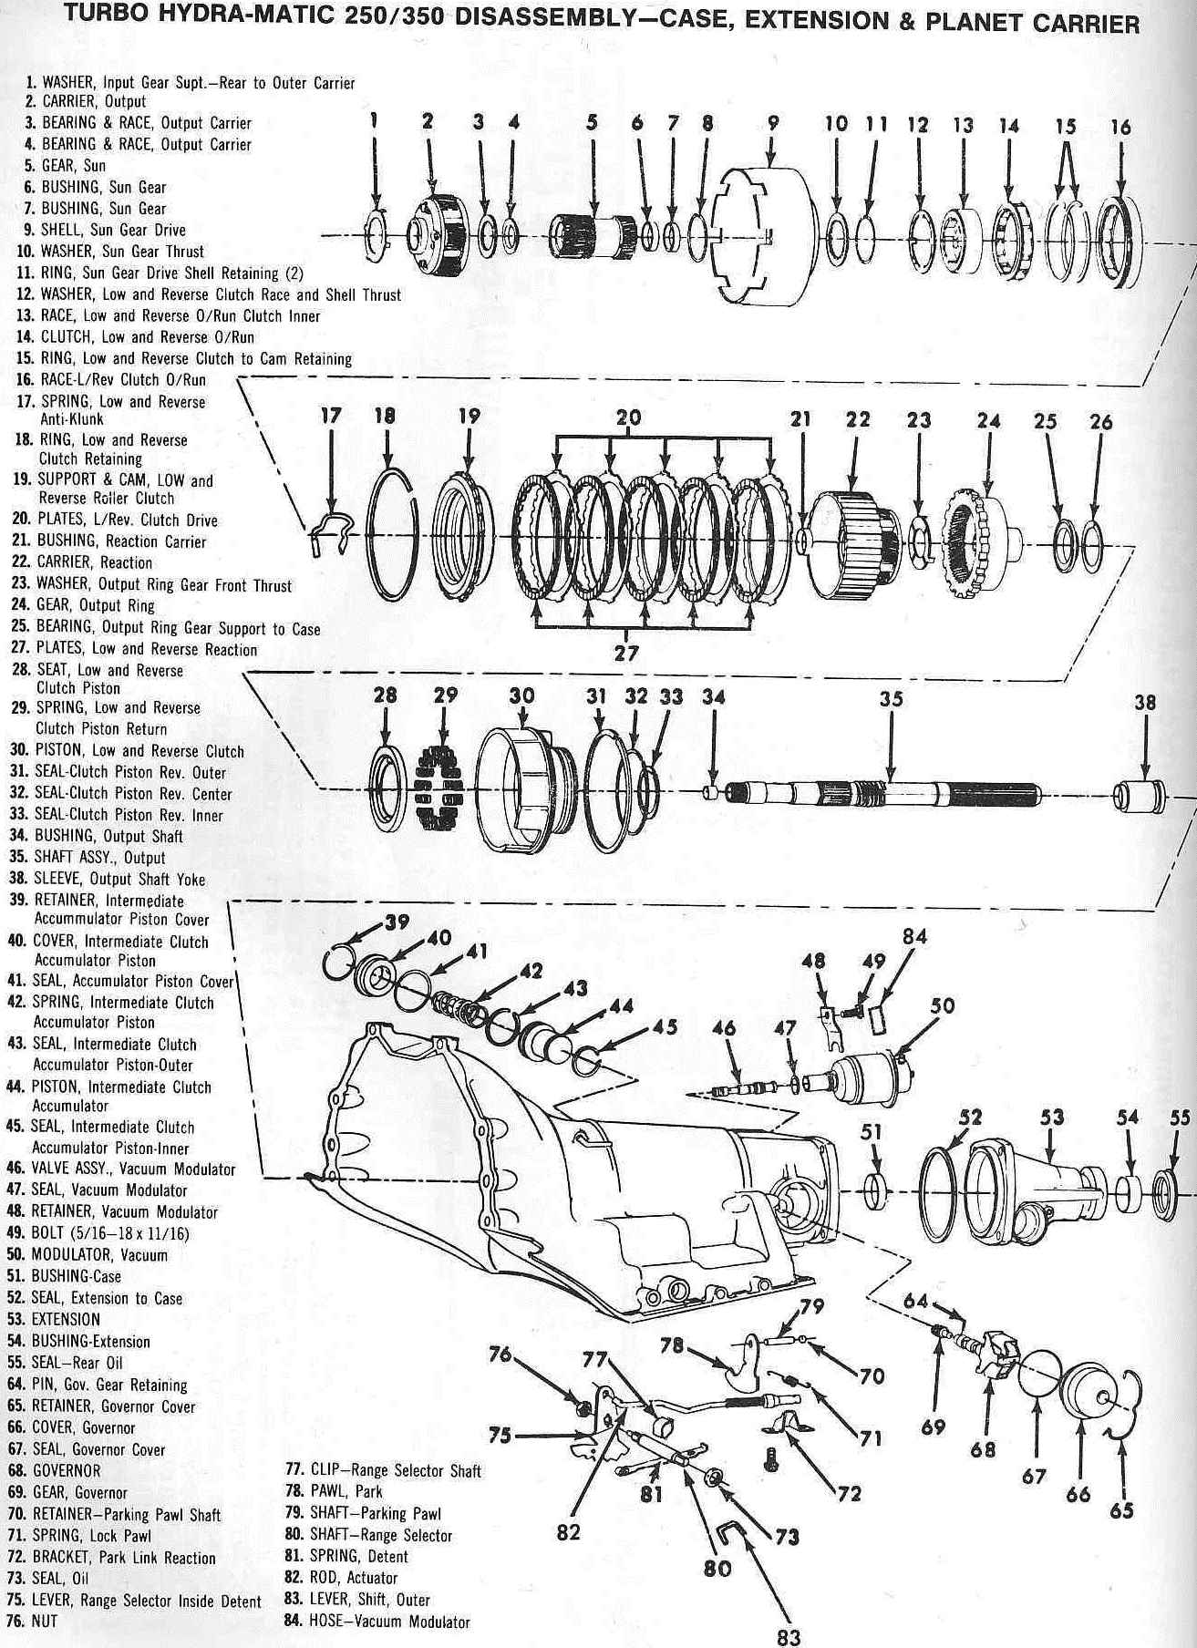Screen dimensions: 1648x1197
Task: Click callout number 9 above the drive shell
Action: [773, 124]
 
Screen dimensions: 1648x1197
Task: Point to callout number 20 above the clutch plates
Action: [628, 418]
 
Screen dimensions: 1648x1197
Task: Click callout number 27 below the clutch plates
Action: [626, 653]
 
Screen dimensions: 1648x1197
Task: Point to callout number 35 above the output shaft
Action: [891, 698]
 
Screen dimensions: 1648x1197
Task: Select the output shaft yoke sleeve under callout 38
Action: [1140, 795]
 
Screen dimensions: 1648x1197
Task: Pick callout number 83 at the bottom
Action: [789, 1636]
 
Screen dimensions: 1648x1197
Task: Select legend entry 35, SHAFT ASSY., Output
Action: [99, 858]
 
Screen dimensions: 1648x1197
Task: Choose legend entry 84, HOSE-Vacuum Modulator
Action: [378, 1622]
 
